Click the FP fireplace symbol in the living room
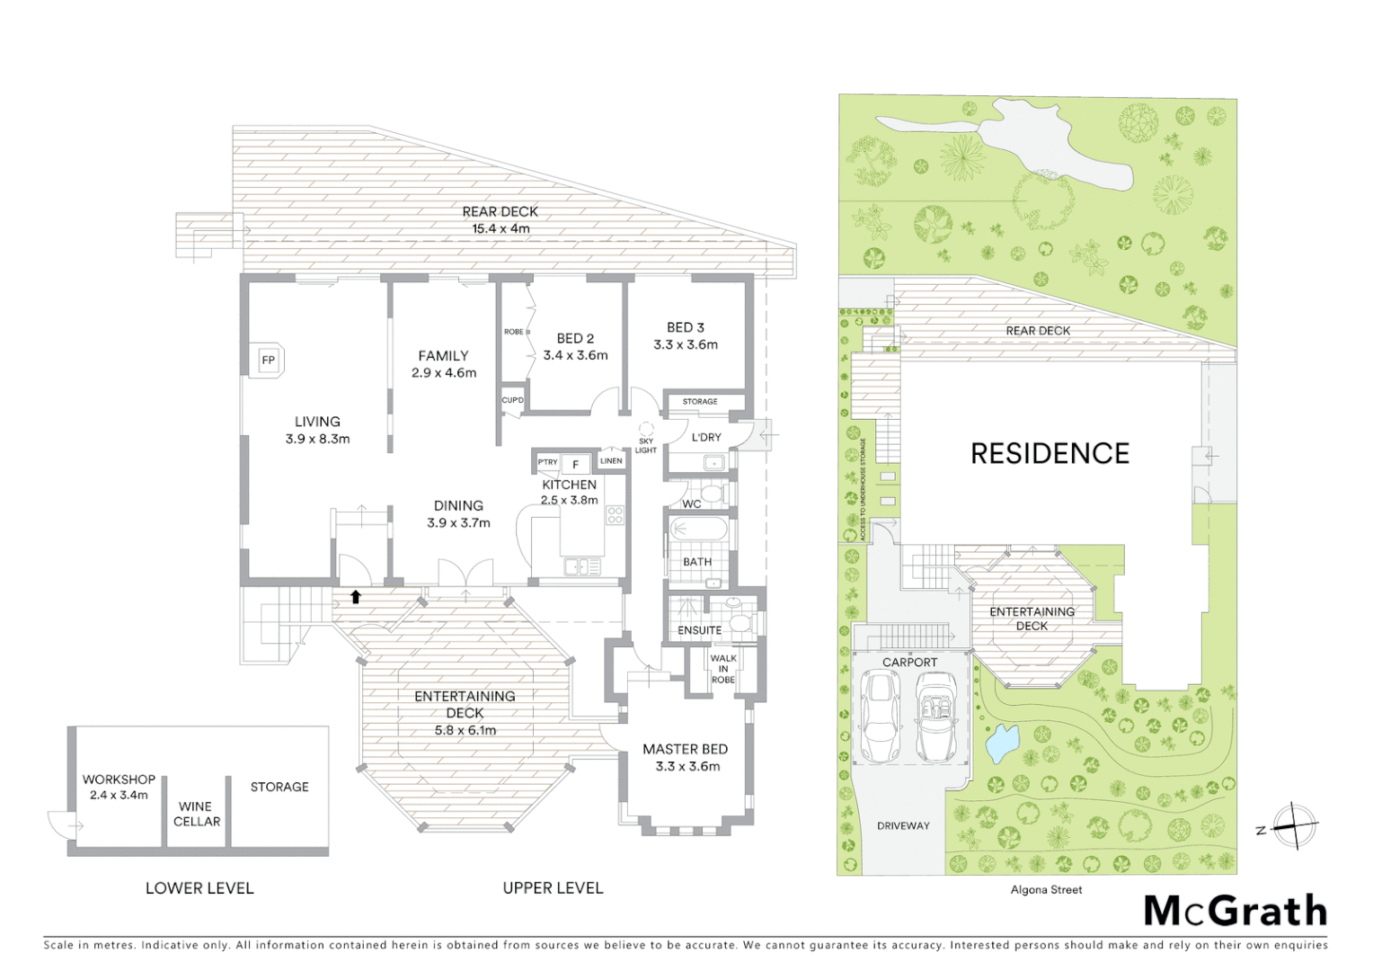pyautogui.click(x=268, y=361)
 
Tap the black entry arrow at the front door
pyautogui.click(x=356, y=596)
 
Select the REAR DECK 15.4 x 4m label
pyautogui.click(x=500, y=220)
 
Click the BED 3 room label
pyautogui.click(x=686, y=336)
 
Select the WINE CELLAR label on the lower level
pyautogui.click(x=197, y=815)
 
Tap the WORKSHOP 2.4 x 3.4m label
pyautogui.click(x=119, y=787)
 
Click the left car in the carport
pyautogui.click(x=880, y=717)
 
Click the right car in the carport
pyautogui.click(x=936, y=717)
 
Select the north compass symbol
pyautogui.click(x=1294, y=825)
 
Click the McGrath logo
pyautogui.click(x=1236, y=911)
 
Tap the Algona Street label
pyautogui.click(x=1046, y=890)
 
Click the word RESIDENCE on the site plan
pyautogui.click(x=1050, y=454)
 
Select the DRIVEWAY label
pyautogui.click(x=903, y=825)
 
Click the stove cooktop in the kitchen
pyautogui.click(x=616, y=515)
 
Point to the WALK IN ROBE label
pyautogui.click(x=722, y=669)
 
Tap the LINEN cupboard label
pyautogui.click(x=611, y=461)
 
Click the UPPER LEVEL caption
pyautogui.click(x=553, y=888)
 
